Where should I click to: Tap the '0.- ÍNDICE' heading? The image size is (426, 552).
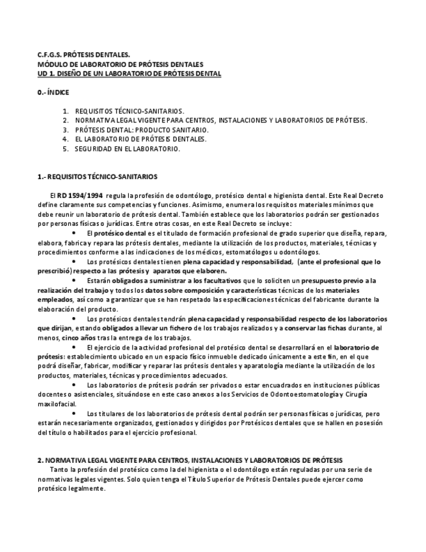click(x=53, y=92)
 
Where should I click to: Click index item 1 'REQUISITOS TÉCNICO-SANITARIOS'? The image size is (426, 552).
click(x=129, y=111)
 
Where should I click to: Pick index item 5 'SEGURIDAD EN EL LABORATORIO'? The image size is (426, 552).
click(x=127, y=148)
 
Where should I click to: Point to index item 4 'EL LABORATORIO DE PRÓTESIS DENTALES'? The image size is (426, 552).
click(x=141, y=139)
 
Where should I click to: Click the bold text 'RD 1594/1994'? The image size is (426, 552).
click(x=80, y=195)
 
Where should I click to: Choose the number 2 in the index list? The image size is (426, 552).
click(x=66, y=120)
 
